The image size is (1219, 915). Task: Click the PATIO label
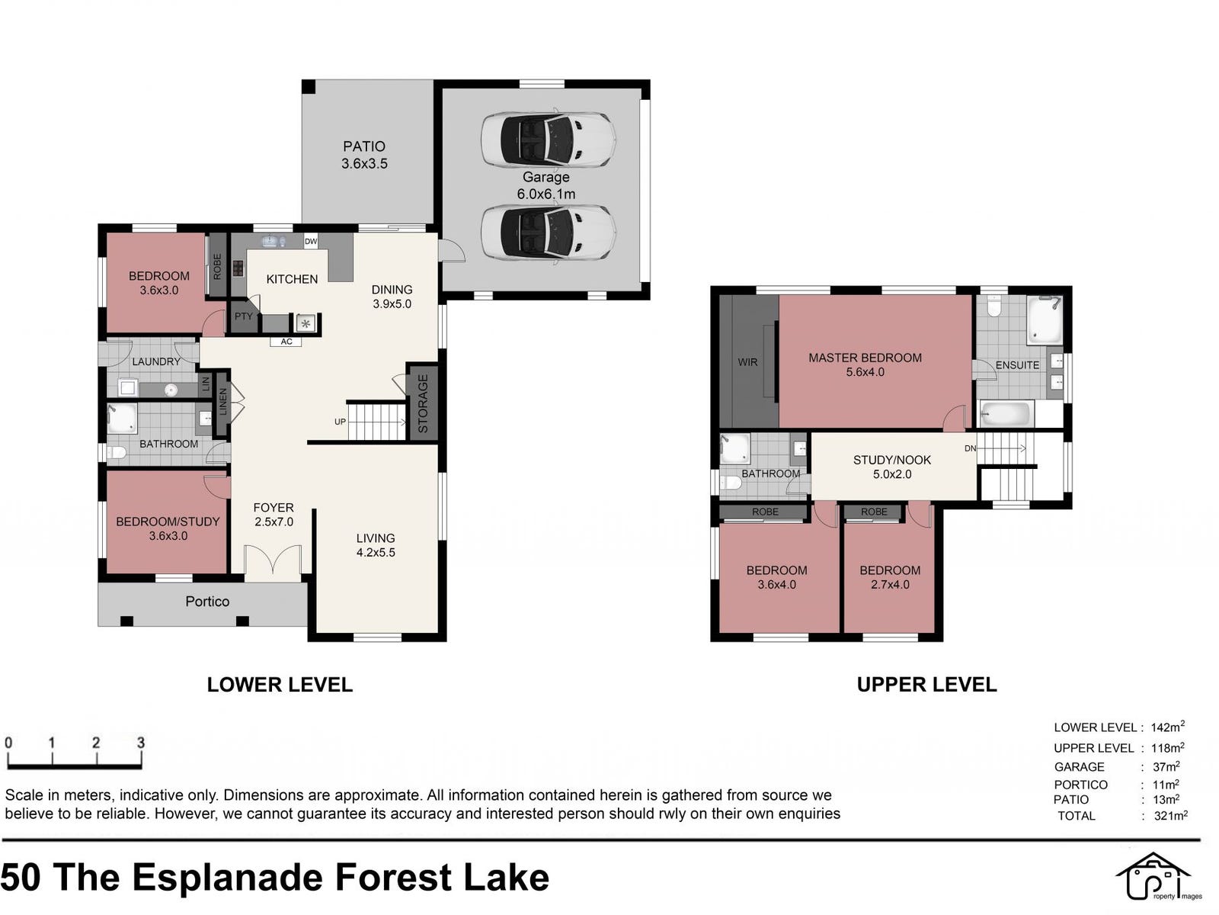pyautogui.click(x=363, y=146)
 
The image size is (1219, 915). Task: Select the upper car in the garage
pyautogui.click(x=548, y=140)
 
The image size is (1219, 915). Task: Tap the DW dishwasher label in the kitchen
pyautogui.click(x=310, y=241)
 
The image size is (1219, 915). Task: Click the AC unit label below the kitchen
pyautogui.click(x=286, y=342)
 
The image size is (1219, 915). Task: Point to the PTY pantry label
pyautogui.click(x=243, y=316)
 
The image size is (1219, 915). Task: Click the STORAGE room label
pyautogui.click(x=423, y=403)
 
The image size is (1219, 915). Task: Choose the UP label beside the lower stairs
pyautogui.click(x=340, y=422)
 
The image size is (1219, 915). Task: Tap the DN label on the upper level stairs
pyautogui.click(x=970, y=448)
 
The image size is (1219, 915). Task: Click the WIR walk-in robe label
pyautogui.click(x=747, y=362)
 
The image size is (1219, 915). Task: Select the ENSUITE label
pyautogui.click(x=1017, y=365)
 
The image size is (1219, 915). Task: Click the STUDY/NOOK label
pyautogui.click(x=892, y=460)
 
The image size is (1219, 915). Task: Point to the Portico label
pyautogui.click(x=207, y=601)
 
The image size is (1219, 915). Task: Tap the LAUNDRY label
pyautogui.click(x=156, y=361)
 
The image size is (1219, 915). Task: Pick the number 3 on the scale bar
pyautogui.click(x=140, y=743)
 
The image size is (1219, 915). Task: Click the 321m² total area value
pyautogui.click(x=1171, y=816)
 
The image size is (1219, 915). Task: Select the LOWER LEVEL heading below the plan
pyautogui.click(x=280, y=685)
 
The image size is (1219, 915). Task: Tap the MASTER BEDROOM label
pyautogui.click(x=865, y=358)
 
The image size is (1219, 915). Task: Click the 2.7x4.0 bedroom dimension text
pyautogui.click(x=890, y=584)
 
